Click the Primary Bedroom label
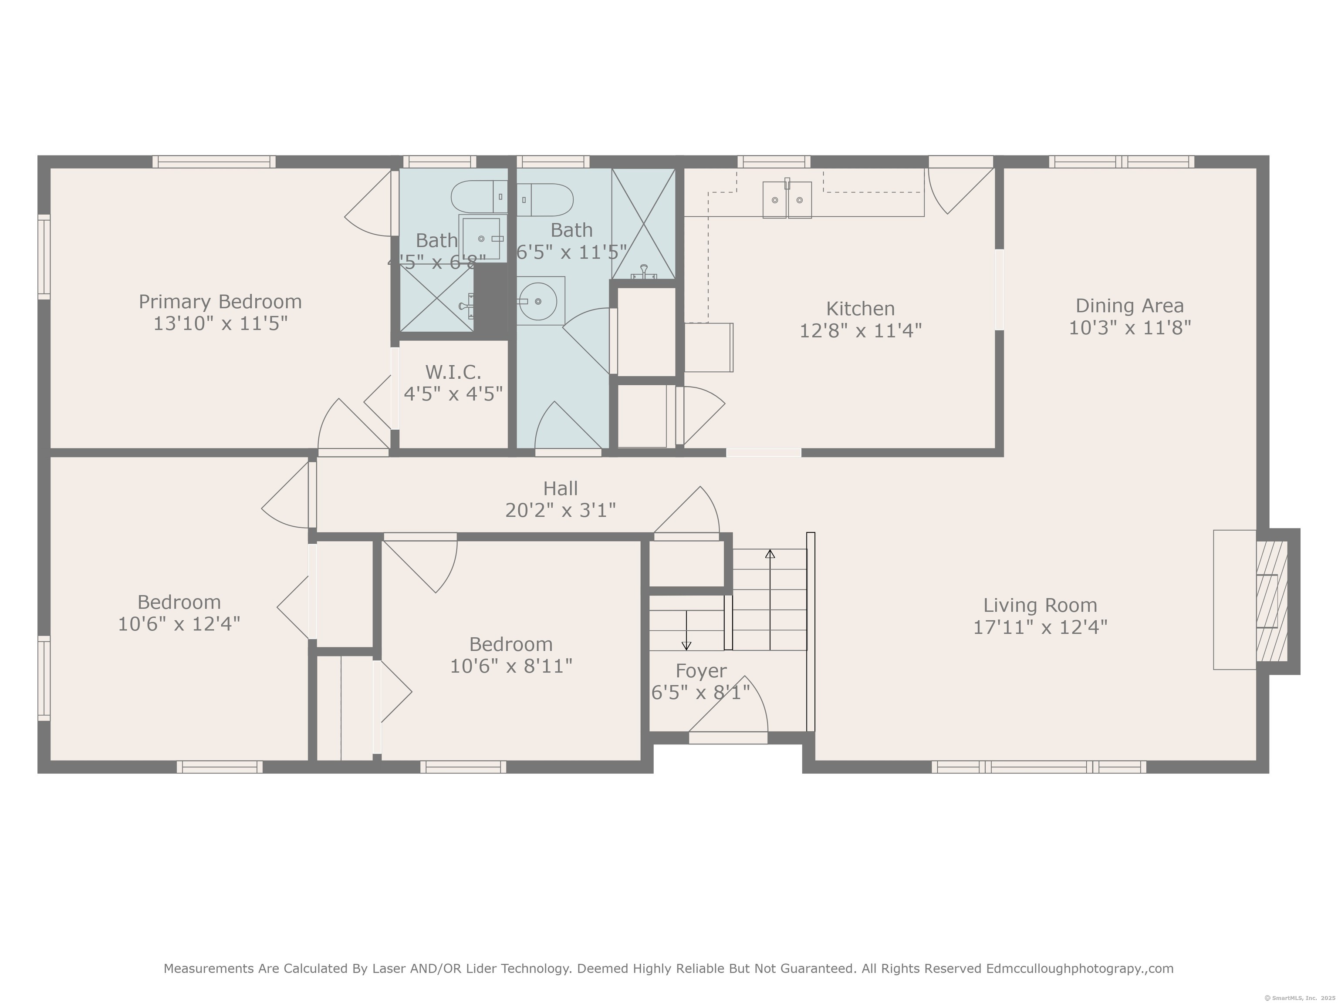[x=220, y=302]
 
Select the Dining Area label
[x=1129, y=306]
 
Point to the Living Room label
[x=1040, y=605]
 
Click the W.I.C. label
[x=453, y=372]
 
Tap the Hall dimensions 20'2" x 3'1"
[x=560, y=510]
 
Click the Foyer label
[x=701, y=671]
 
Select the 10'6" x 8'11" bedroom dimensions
[x=511, y=666]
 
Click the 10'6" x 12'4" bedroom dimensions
[x=179, y=624]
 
